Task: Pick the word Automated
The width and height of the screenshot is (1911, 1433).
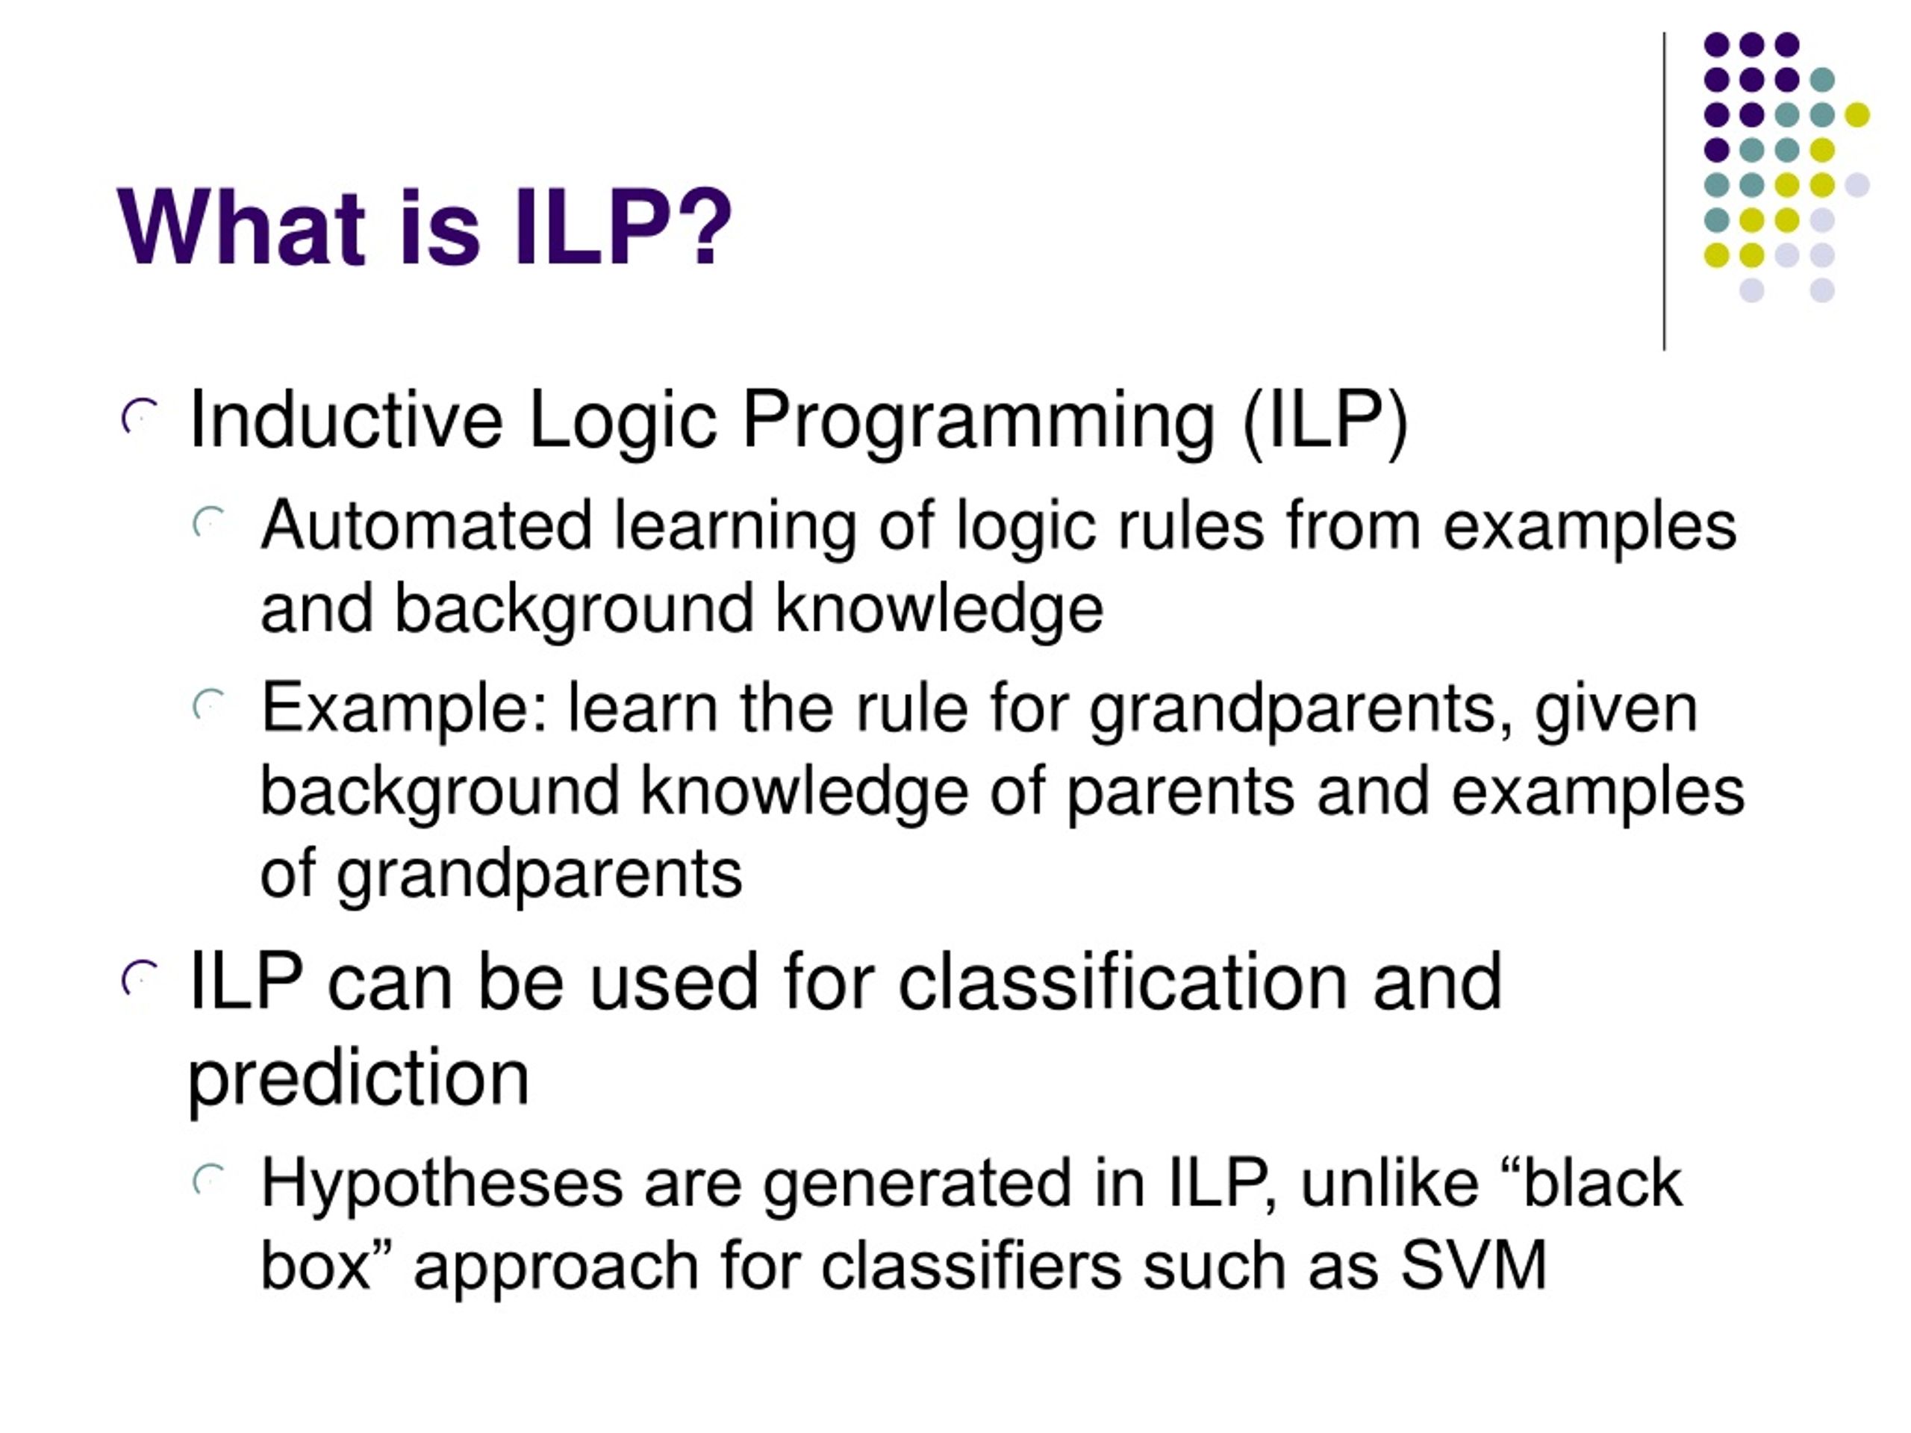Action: click(x=427, y=526)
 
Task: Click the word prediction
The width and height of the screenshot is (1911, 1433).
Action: click(x=358, y=1081)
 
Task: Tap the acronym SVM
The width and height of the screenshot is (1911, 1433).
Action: click(x=1474, y=1267)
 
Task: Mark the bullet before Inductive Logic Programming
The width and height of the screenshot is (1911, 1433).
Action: click(x=140, y=416)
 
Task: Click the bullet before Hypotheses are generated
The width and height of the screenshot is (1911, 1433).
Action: click(x=209, y=1180)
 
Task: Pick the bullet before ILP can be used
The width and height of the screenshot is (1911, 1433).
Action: click(x=140, y=978)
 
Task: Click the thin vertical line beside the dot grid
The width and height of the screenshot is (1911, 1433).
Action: click(x=1664, y=192)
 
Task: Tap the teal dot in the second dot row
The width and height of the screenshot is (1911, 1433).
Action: click(x=1822, y=79)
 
